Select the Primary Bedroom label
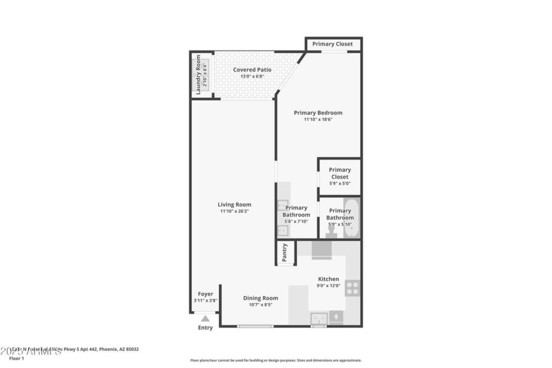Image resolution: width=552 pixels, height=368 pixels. (x=318, y=112)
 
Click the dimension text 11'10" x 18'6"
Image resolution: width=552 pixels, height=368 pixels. (x=318, y=120)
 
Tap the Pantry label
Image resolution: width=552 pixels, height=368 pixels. (x=285, y=254)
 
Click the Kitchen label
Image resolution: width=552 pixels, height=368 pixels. (x=329, y=279)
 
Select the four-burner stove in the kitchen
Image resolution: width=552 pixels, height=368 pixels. (x=352, y=288)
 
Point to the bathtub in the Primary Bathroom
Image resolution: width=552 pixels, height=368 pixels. (x=352, y=217)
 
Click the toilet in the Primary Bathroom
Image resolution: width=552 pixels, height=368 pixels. (x=331, y=231)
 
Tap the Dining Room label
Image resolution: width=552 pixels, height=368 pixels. (x=261, y=298)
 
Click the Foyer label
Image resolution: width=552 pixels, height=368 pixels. (x=206, y=294)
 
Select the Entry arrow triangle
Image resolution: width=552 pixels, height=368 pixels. (x=206, y=319)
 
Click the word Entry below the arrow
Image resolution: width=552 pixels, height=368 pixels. (x=206, y=328)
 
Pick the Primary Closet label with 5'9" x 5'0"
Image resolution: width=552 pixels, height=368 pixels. (x=340, y=173)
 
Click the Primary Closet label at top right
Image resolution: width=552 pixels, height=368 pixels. (x=333, y=44)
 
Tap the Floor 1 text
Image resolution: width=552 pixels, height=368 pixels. (x=16, y=358)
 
